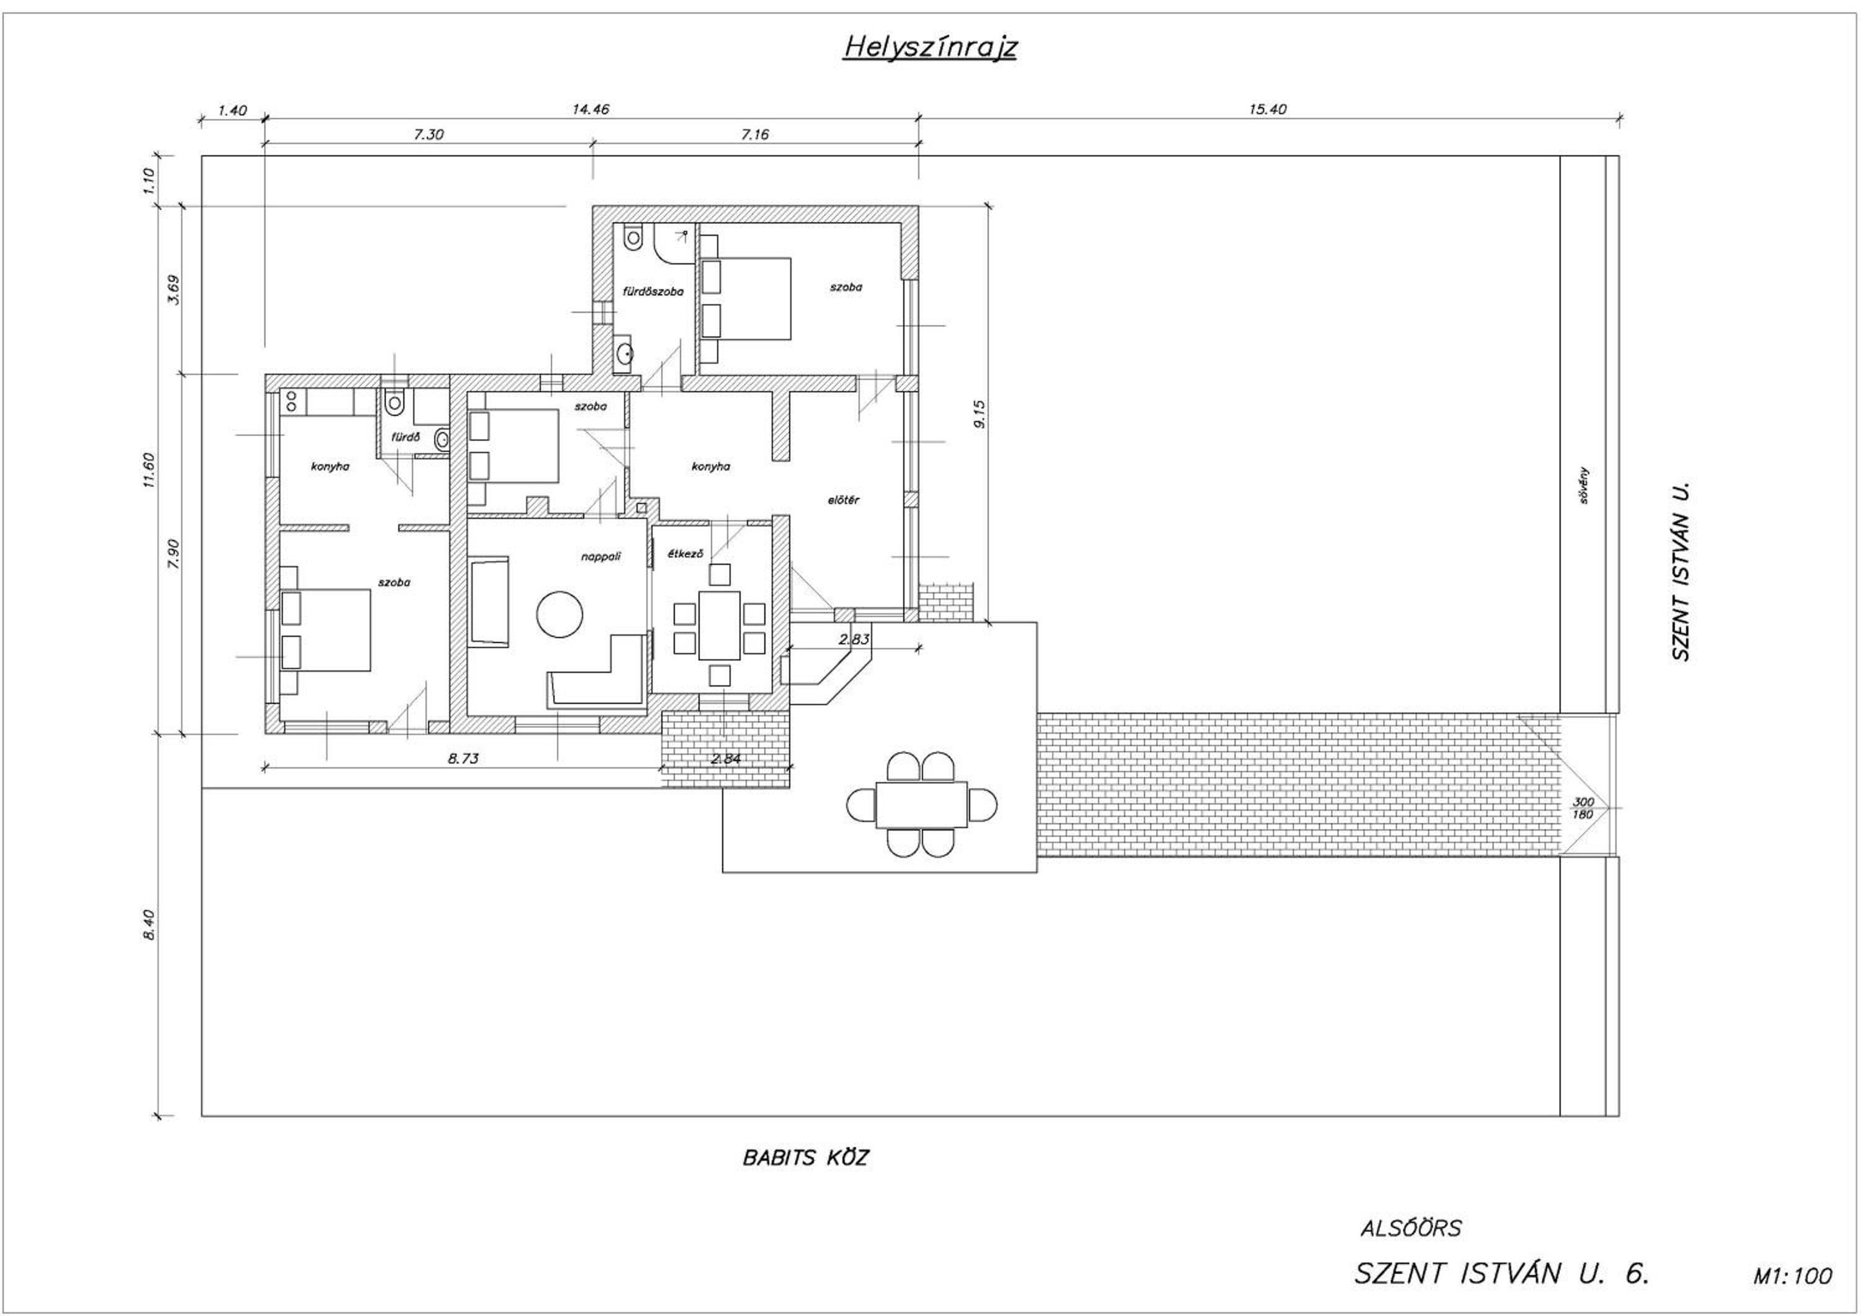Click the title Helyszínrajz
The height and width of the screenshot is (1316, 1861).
(930, 47)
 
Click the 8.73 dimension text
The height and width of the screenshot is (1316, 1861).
(463, 758)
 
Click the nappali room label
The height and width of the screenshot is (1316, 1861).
(600, 556)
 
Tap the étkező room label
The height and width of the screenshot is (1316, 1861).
(685, 554)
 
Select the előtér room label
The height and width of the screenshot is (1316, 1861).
(843, 500)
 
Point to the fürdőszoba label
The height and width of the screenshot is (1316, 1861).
(653, 291)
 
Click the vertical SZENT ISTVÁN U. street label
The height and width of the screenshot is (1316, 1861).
(1682, 572)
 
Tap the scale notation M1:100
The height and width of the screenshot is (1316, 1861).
(1792, 1276)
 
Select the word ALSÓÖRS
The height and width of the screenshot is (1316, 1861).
(1411, 1228)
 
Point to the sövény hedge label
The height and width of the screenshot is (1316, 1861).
(1583, 485)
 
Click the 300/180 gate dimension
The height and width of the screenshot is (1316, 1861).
(1582, 808)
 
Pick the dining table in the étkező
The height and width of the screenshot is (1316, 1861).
(719, 625)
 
